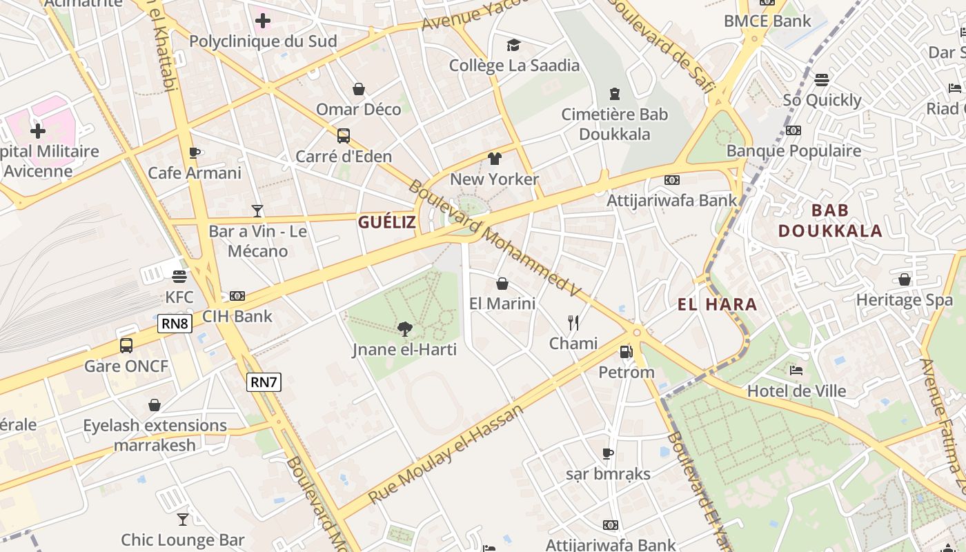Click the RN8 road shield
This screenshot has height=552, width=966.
175,323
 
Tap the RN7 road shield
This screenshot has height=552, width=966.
264,382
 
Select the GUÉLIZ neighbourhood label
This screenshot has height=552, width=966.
387,221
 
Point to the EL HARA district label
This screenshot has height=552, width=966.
718,304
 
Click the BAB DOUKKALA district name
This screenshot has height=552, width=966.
830,221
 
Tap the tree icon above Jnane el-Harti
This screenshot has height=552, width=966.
405,329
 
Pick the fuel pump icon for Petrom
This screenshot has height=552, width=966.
626,351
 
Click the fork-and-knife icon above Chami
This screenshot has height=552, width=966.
573,322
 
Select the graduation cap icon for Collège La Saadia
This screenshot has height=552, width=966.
513,46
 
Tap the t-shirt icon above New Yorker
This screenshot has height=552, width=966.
494,159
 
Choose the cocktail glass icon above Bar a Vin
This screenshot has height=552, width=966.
257,210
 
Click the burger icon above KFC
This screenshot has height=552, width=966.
179,277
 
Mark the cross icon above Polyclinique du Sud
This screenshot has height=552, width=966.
263,21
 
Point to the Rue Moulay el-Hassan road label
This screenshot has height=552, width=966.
446,455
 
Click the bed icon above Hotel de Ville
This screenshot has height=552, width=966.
796,371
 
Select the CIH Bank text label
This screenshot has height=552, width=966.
237,317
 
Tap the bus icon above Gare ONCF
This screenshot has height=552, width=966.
126,345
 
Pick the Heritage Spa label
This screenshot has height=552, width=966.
904,300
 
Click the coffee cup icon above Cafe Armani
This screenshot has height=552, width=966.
195,152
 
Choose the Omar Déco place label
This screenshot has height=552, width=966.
358,109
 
